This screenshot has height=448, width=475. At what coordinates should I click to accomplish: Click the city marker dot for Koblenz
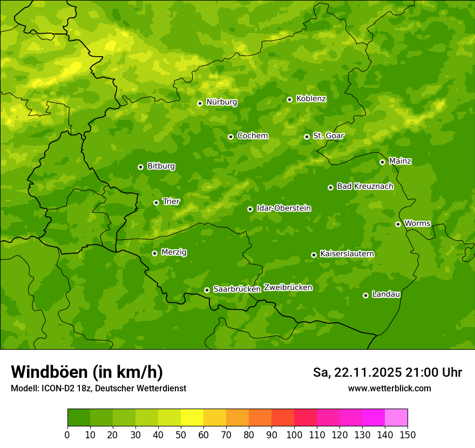tap(289, 99)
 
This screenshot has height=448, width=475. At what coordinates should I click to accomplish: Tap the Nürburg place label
tap(221, 102)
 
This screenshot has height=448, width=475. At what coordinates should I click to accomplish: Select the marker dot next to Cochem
tap(230, 137)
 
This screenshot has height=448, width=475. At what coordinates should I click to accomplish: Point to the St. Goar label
tap(328, 135)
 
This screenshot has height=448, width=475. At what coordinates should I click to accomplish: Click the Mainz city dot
tap(382, 162)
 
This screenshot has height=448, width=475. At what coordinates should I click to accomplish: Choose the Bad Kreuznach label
tap(365, 186)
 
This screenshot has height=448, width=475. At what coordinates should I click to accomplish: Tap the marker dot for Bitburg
tap(140, 167)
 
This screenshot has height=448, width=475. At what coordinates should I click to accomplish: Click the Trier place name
tap(171, 201)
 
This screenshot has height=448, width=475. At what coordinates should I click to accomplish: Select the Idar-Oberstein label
tap(283, 208)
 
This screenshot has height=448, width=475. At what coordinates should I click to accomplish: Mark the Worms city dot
tap(398, 224)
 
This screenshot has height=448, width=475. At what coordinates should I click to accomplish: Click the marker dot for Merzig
tap(154, 253)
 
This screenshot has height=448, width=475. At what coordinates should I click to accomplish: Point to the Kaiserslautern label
tap(347, 254)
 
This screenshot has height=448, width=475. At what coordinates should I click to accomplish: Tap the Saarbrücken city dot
tap(207, 290)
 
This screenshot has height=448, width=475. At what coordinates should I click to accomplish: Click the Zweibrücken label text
tap(288, 288)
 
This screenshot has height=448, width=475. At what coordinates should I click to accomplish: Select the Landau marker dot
tap(365, 295)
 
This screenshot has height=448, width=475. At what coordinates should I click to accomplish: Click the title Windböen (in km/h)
tap(87, 372)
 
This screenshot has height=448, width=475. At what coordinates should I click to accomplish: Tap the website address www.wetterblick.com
tap(389, 389)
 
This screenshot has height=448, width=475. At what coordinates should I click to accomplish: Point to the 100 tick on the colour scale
tap(294, 435)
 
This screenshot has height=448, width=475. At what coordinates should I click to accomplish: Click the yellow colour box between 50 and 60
tap(192, 417)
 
